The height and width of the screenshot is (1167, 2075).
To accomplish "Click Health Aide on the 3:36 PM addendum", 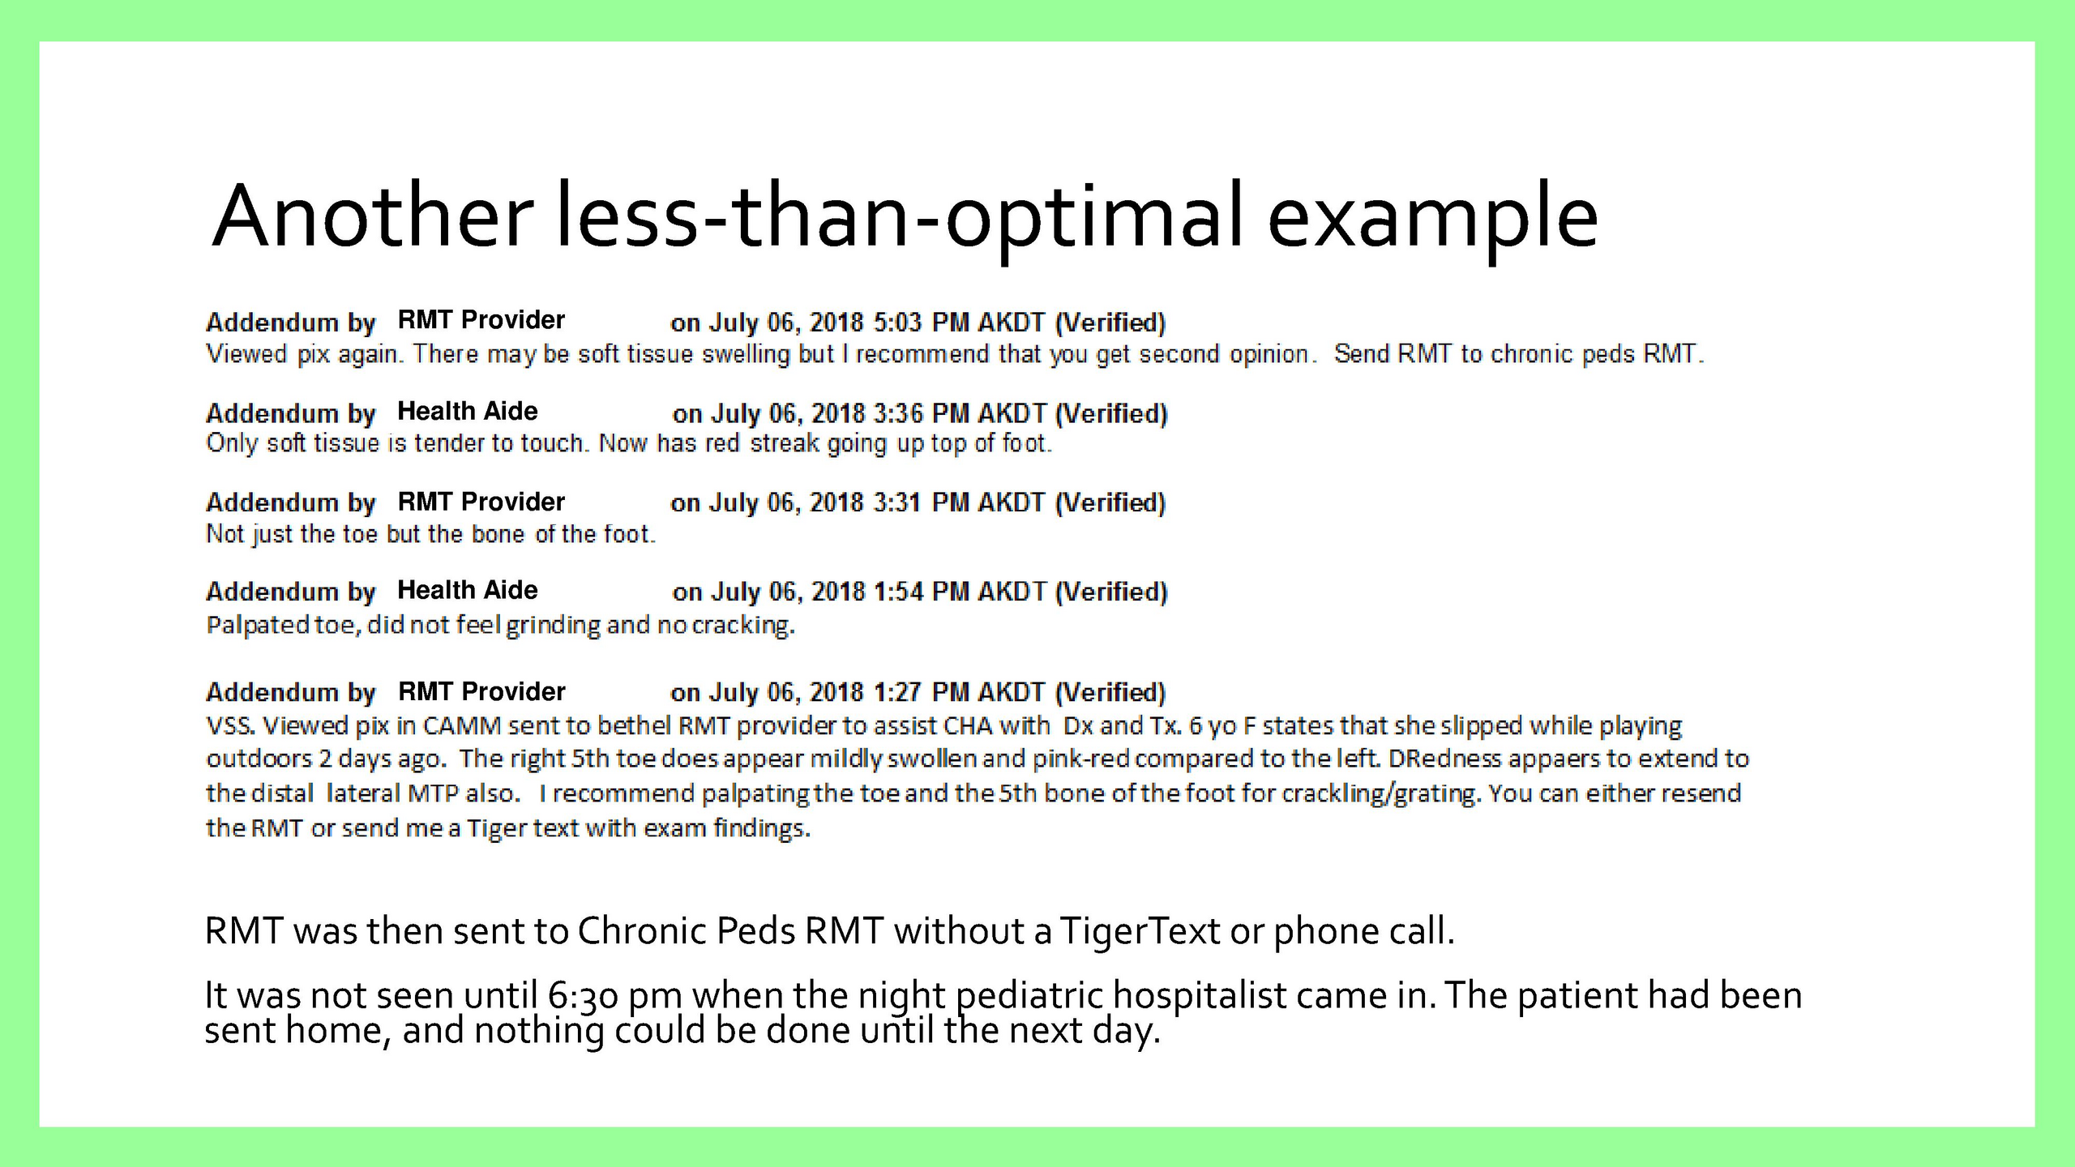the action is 468,411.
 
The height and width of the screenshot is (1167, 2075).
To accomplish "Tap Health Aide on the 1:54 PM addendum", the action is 468,590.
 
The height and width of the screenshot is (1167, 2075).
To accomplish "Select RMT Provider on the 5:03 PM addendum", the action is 481,320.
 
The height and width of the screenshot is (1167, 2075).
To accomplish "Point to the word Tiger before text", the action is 496,828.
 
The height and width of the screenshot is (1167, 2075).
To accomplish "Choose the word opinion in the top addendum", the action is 1269,355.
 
